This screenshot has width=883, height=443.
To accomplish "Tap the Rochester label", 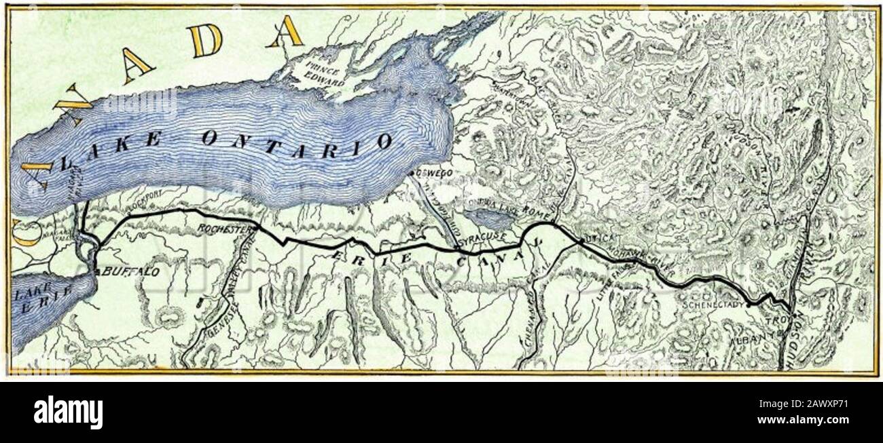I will tap(221, 230).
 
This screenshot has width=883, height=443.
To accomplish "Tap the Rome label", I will tap(535, 214).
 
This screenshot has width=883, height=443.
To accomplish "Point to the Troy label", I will tap(774, 318).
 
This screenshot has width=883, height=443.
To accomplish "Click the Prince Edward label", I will tap(325, 75).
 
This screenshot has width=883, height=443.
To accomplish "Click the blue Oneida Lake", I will tap(493, 220).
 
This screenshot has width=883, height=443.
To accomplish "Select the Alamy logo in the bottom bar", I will tap(68, 412).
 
